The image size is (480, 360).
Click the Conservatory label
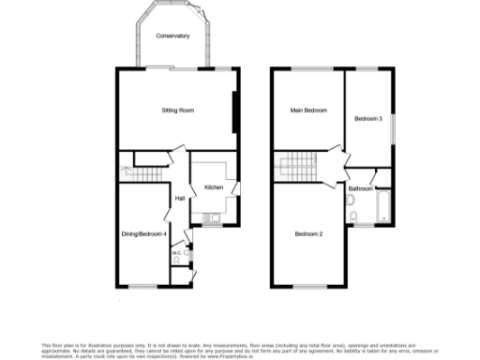tap(173, 36)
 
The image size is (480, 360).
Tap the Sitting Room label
tap(177, 111)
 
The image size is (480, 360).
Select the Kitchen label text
tap(214, 187)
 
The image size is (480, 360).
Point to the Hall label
tap(178, 197)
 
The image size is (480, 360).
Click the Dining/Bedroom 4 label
tap(144, 233)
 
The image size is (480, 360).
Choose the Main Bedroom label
tap(309, 111)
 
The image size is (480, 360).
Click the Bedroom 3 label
tap(367, 119)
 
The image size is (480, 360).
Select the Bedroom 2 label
tap(308, 233)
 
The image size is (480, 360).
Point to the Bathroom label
tap(361, 188)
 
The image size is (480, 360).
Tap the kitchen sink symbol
tap(212, 219)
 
